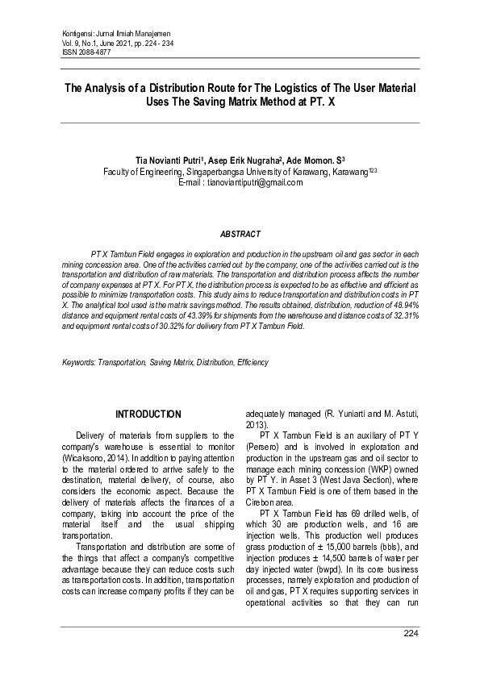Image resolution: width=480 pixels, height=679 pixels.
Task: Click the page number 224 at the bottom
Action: pos(411,634)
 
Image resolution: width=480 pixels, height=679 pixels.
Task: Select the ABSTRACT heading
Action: pos(240,234)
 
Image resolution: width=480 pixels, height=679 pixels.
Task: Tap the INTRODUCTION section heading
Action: pos(148,414)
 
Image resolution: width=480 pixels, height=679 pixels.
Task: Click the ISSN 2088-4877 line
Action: pos(88,52)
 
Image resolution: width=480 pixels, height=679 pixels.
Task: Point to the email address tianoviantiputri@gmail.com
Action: pos(254,183)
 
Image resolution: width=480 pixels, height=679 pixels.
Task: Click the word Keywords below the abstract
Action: pos(79,363)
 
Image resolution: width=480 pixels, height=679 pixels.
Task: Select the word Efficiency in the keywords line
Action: pos(253,363)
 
